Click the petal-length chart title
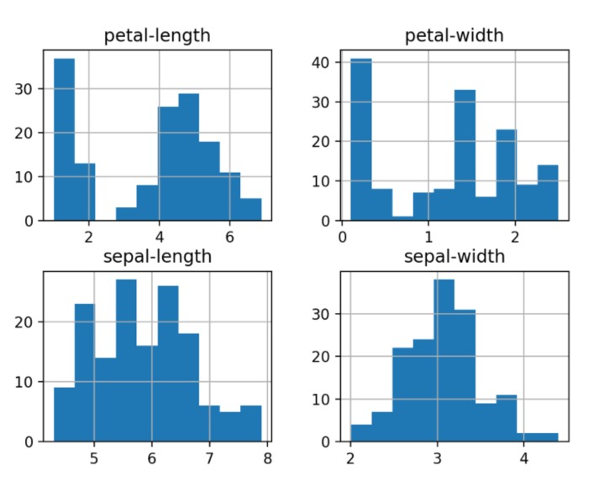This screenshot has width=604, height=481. pos(156,36)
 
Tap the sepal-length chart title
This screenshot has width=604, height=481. pos(156,256)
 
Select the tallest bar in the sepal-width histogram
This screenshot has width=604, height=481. pos(444,360)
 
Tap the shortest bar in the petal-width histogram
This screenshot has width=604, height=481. pos(402,218)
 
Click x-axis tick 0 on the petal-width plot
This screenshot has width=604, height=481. pos(342,238)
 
